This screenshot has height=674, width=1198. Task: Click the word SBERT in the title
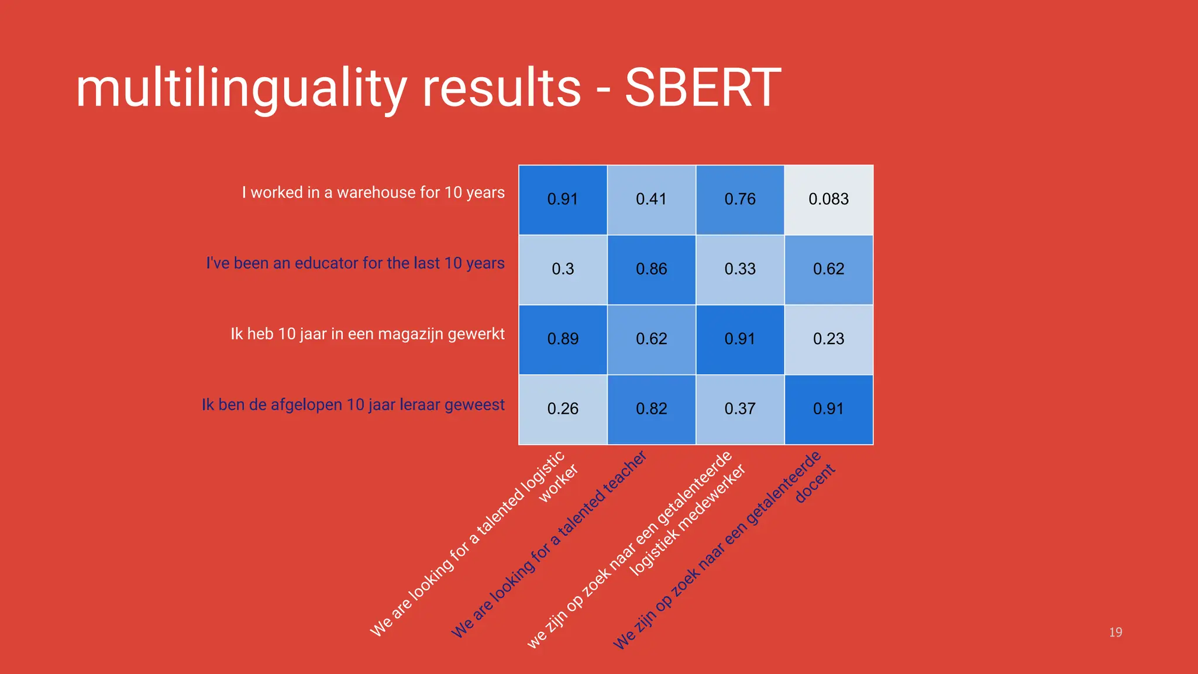703,88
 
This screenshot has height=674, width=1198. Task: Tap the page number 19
1115,632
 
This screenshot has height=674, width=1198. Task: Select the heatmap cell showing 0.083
828,200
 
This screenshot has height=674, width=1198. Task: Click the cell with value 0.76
740,200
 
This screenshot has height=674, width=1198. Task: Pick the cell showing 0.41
651,200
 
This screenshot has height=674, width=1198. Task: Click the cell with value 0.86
651,269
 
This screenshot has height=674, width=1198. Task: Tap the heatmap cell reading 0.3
563,269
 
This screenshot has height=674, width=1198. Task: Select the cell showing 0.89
563,339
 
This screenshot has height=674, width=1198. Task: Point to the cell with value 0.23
828,339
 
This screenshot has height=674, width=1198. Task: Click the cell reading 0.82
651,409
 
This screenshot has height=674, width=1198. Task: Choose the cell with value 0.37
740,409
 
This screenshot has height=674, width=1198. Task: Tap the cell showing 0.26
563,409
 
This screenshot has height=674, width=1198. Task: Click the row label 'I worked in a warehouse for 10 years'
373,192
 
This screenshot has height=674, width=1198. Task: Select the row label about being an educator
355,263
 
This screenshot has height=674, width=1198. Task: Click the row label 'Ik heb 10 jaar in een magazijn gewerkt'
367,334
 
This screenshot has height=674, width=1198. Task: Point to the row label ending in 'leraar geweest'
353,405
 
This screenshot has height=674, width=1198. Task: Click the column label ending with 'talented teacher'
550,544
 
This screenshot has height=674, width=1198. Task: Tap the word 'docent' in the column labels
815,484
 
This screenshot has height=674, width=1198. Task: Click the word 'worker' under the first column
558,483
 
